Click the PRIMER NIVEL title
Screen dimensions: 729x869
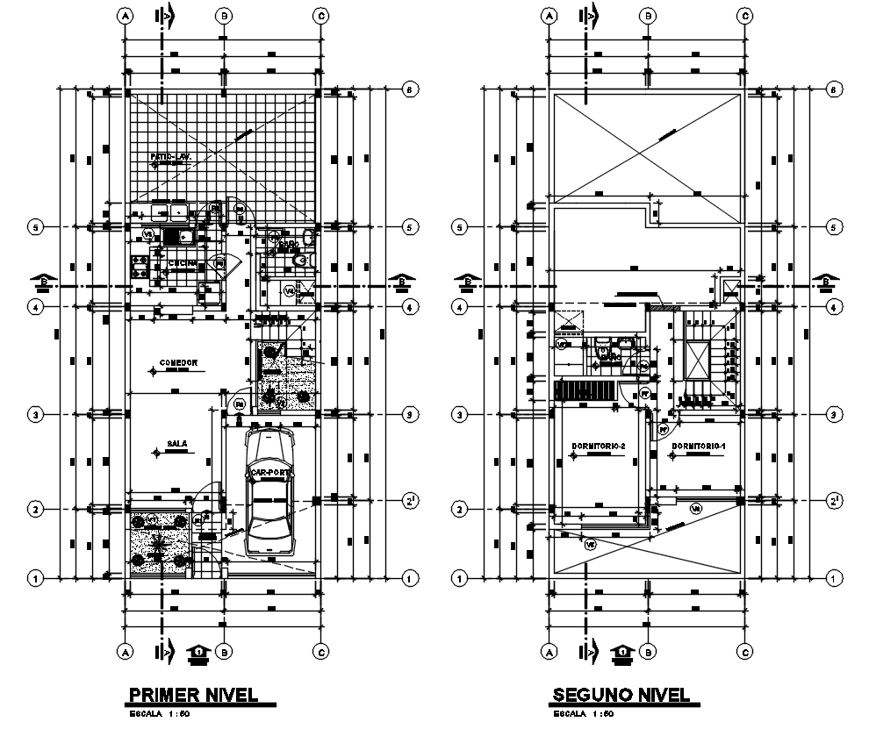coord(193,695)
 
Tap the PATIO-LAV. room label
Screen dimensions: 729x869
coord(171,157)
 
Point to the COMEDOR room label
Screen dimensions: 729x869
coord(177,362)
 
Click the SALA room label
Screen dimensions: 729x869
coord(177,445)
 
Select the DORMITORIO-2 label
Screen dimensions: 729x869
coord(598,447)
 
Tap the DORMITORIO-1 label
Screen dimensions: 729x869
coord(699,447)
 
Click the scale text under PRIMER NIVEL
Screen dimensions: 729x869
coord(161,714)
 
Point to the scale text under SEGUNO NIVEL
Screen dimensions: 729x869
coord(585,714)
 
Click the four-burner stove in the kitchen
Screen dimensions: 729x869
coord(141,261)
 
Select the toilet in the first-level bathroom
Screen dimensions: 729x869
coord(302,261)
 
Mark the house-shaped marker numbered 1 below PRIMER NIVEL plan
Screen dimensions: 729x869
coord(199,653)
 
